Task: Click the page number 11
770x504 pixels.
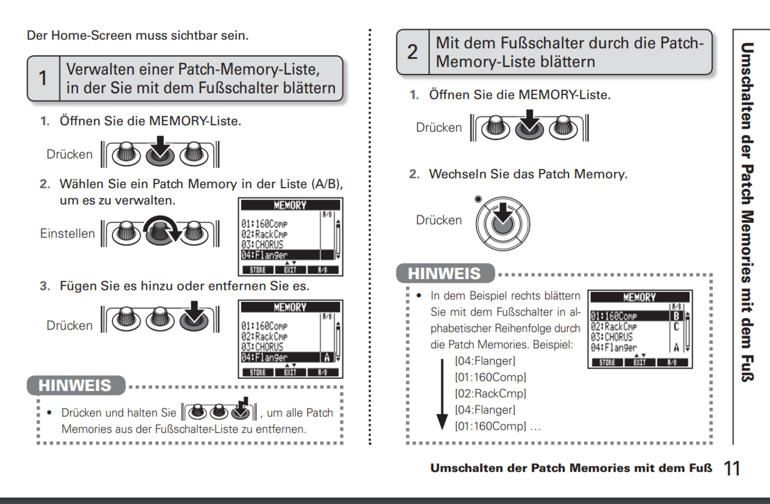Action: tap(732, 469)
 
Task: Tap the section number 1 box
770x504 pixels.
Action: tap(43, 79)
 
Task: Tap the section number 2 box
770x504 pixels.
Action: tap(412, 52)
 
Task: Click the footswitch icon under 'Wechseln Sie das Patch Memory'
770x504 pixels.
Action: tap(504, 220)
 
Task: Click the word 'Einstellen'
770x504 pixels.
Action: tap(67, 233)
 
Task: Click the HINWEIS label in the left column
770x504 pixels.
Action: tap(76, 386)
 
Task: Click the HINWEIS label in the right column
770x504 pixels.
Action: tap(445, 274)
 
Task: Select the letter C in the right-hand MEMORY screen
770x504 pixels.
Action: tap(676, 327)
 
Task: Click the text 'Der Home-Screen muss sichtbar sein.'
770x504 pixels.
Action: tap(138, 35)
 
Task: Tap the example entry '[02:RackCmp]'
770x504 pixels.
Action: tap(490, 394)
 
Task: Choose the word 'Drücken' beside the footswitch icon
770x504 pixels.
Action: tap(439, 220)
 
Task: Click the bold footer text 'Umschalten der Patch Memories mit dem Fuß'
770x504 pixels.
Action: tap(571, 469)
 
